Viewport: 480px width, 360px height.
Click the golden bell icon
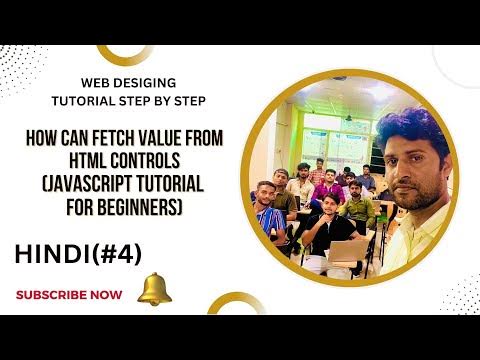tap(154, 289)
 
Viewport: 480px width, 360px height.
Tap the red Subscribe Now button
tap(69, 294)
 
